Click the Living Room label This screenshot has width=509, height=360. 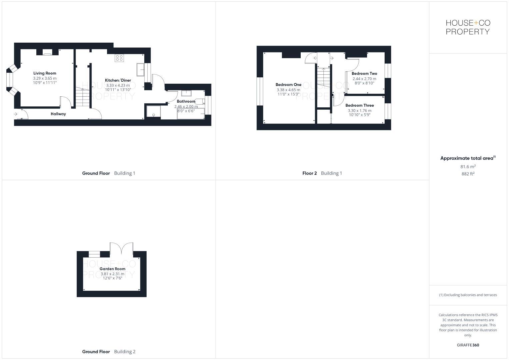45,73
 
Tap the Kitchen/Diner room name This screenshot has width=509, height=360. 118,80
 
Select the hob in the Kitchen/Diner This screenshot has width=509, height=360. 119,58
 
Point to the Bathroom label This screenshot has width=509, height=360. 186,101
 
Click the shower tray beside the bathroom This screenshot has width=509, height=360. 153,112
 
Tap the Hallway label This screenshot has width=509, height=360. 58,114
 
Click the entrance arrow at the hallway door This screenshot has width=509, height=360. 16,114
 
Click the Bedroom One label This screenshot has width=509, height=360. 288,85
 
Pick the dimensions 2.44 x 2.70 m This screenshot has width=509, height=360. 364,79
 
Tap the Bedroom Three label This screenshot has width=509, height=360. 360,105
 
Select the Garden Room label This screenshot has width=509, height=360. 113,269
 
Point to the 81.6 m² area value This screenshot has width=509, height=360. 468,167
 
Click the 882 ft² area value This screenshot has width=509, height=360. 468,174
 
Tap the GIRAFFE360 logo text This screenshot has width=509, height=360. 468,345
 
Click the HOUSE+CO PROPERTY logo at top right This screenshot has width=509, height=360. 468,27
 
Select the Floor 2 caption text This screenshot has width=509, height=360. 310,173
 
